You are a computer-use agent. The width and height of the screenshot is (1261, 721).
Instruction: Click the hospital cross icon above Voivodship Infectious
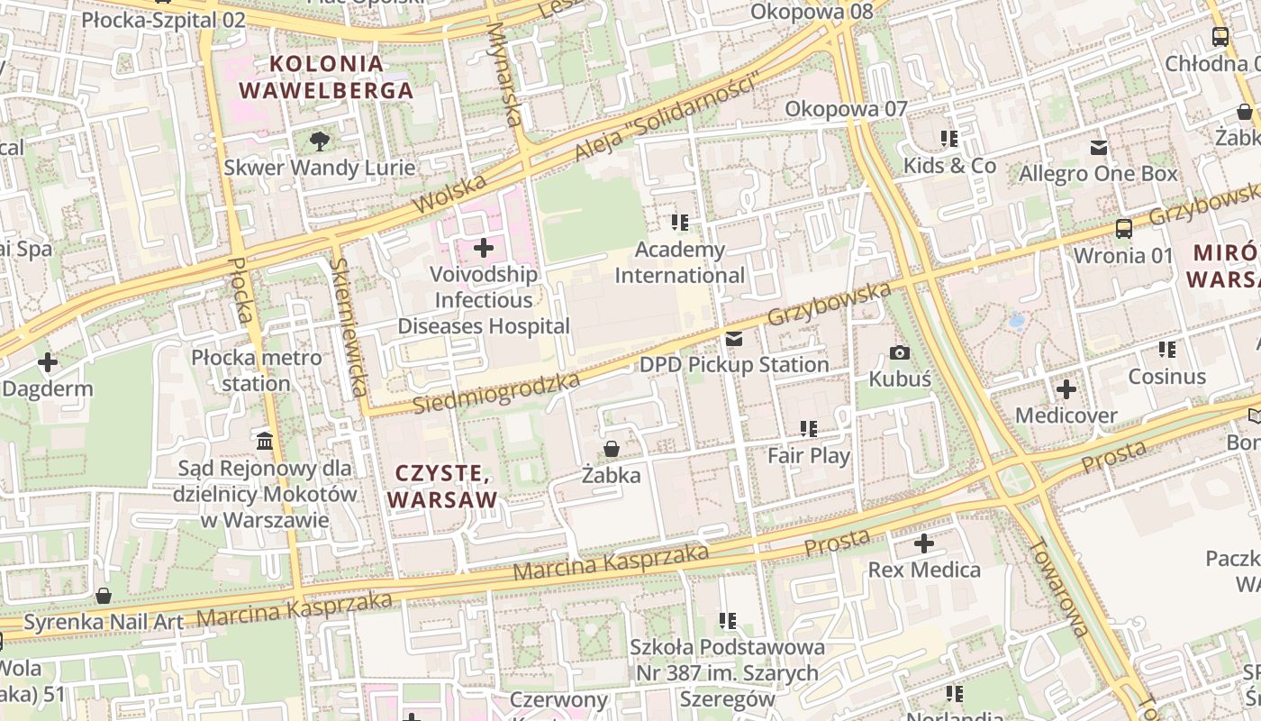point(484,247)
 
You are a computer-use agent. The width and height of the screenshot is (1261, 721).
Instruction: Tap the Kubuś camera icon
point(899,352)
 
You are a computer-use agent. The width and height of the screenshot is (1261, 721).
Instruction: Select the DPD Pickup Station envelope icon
point(734,339)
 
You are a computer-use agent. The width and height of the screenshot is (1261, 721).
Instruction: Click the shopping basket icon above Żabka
point(612,448)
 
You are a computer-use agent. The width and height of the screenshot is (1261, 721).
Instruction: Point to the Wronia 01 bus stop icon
point(1123,229)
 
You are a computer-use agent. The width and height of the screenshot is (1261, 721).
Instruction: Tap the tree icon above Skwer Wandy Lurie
point(319,141)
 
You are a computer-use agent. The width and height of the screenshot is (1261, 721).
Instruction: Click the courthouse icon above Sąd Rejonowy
point(265,441)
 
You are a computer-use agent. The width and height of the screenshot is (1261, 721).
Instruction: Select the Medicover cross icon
point(1066,389)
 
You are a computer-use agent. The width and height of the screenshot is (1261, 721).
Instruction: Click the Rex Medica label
point(924,570)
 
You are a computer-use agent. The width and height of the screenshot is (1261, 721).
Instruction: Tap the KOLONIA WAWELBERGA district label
point(326,77)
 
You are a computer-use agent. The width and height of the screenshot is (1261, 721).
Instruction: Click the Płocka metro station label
point(257,370)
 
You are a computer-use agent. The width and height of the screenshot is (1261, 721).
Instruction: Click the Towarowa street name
point(1057,587)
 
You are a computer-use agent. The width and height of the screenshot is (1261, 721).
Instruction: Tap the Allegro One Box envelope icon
point(1099,148)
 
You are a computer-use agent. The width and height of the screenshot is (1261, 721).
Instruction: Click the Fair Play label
point(809,455)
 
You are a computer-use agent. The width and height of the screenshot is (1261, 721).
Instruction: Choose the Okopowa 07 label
point(846,109)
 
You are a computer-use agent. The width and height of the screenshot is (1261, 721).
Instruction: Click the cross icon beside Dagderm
point(48,363)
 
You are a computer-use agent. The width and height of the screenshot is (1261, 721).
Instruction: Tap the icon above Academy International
point(679,222)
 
